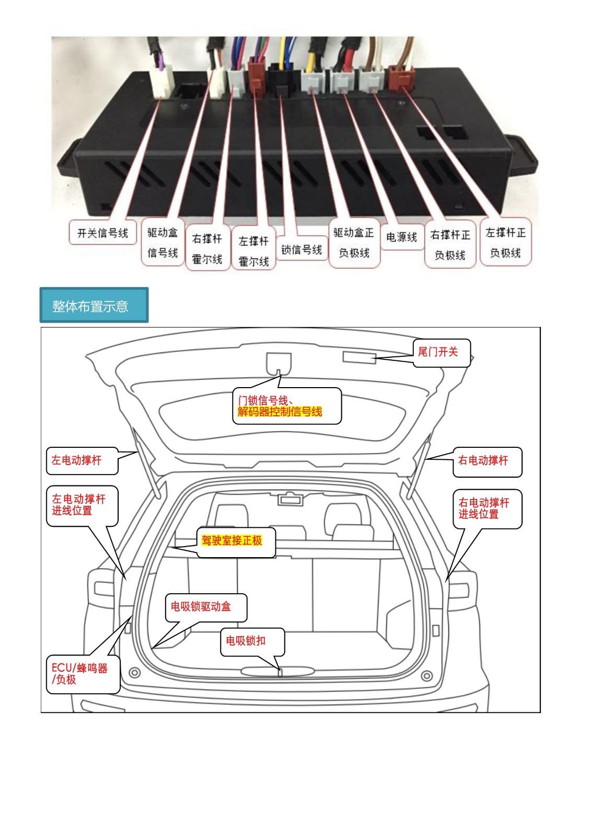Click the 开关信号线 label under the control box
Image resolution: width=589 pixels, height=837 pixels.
tap(102, 233)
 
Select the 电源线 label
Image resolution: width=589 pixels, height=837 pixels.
tap(401, 237)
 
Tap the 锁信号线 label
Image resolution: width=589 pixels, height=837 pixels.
tap(302, 249)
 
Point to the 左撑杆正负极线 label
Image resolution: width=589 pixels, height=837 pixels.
tap(505, 243)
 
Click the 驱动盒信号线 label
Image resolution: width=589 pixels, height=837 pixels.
tap(163, 243)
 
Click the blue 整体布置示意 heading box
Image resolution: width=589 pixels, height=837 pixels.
tap(94, 305)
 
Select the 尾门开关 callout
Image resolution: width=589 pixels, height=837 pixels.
tap(442, 353)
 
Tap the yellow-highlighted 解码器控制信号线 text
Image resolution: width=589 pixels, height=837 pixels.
tap(280, 412)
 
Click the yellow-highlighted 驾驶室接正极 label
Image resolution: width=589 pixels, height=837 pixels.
tap(232, 540)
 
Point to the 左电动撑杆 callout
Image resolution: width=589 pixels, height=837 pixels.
tap(82, 461)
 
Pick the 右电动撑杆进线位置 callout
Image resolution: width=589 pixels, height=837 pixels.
tap(488, 509)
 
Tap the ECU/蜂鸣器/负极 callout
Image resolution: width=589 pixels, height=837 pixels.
tap(83, 674)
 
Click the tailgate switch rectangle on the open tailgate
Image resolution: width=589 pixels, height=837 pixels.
tap(359, 357)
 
